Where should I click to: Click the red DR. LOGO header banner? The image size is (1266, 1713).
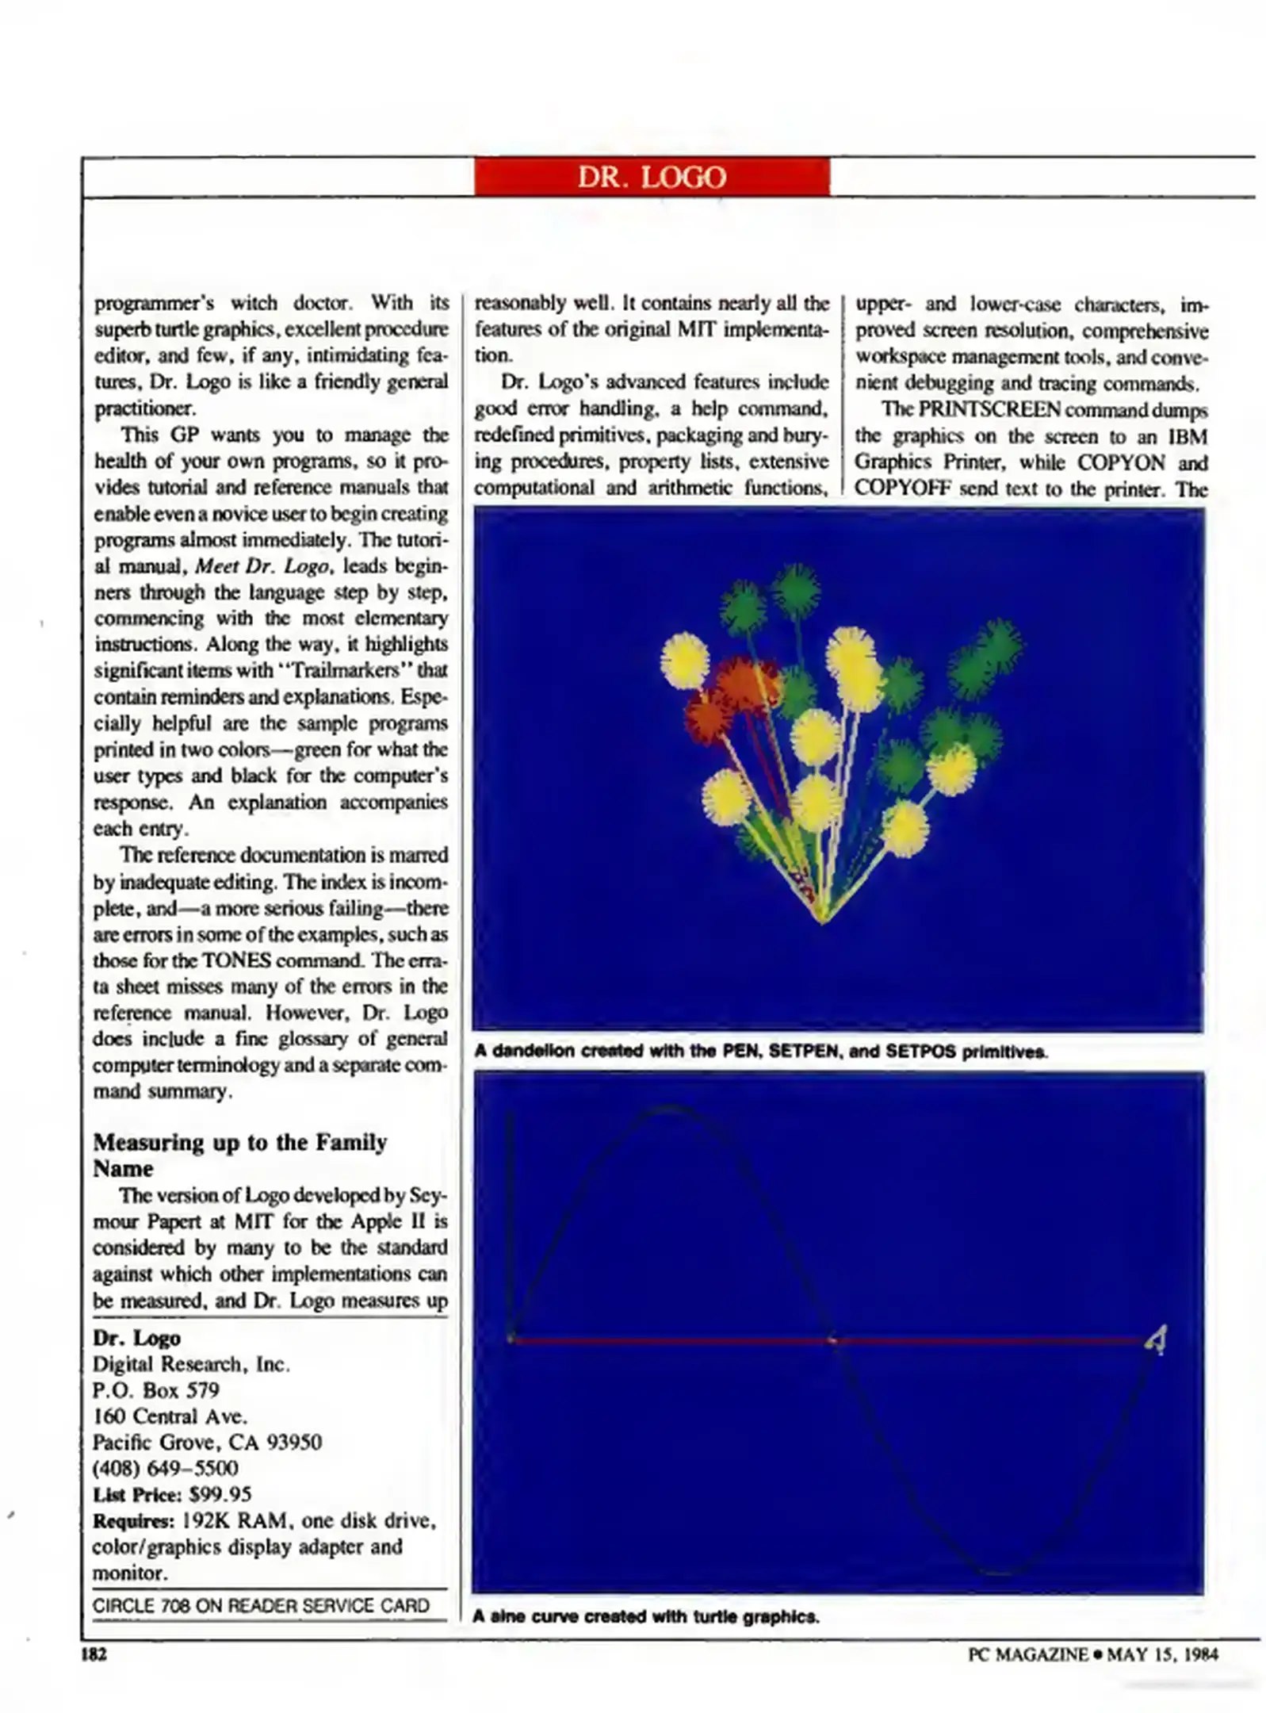(x=651, y=176)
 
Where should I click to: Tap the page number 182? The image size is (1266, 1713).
(x=94, y=1654)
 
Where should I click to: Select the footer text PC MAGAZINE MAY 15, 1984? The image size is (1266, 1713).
(x=1092, y=1654)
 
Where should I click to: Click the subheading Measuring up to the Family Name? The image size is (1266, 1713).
(x=239, y=1154)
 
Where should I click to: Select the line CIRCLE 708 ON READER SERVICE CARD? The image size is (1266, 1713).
(x=261, y=1606)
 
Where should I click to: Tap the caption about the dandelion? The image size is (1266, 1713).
(x=760, y=1052)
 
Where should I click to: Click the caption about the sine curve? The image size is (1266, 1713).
(x=646, y=1616)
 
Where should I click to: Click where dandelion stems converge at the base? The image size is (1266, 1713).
(x=822, y=920)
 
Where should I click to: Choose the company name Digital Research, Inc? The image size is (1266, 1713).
(x=191, y=1364)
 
